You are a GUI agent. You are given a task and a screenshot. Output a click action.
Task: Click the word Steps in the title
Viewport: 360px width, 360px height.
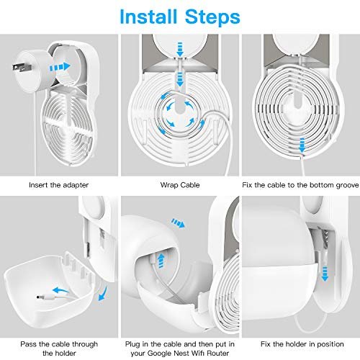(x=212, y=17)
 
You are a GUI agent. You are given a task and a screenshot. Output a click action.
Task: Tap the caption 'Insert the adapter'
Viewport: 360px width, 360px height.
(x=59, y=185)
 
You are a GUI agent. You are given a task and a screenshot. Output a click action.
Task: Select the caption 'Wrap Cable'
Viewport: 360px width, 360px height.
(x=180, y=185)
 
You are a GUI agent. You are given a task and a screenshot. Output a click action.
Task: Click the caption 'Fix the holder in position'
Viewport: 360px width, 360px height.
(x=302, y=344)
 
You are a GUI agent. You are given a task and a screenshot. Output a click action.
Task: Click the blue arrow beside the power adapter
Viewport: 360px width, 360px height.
(x=60, y=67)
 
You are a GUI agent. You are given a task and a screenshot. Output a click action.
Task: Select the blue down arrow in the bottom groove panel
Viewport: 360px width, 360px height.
(x=302, y=145)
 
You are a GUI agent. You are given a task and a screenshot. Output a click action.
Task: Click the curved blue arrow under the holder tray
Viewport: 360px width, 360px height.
(x=103, y=294)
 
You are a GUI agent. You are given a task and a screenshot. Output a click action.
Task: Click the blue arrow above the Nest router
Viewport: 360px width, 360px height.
(x=178, y=223)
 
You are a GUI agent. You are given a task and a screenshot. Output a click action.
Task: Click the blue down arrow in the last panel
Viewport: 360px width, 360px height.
(x=325, y=274)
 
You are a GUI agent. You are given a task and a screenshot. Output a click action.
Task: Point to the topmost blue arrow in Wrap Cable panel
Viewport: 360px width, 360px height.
(x=180, y=50)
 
